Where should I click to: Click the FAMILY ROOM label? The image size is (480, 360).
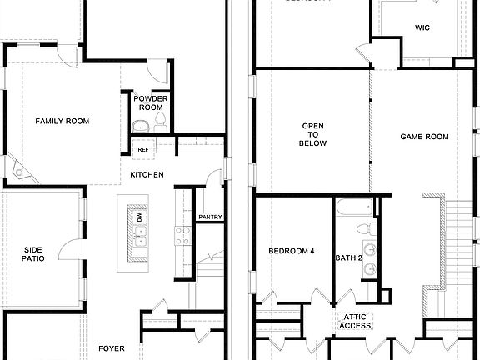tap(62, 121)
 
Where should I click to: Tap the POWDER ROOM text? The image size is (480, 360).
tap(150, 103)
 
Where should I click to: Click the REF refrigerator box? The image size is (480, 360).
tap(143, 149)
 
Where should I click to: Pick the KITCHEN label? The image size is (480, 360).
tap(147, 174)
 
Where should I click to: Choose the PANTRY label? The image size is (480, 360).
tap(210, 217)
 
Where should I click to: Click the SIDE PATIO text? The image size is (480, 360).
tap(33, 253)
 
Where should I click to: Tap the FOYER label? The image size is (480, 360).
tap(112, 348)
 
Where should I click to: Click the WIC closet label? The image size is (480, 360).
tap(422, 27)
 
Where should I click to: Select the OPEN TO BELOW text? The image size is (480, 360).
tap(313, 135)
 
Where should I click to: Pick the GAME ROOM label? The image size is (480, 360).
tap(424, 137)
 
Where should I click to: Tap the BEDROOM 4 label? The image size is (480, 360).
tap(292, 251)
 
